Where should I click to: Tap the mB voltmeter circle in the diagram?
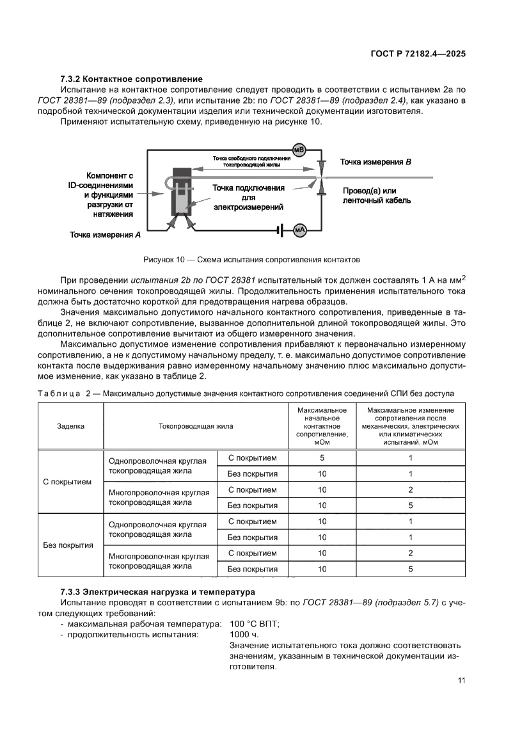coord(299,150)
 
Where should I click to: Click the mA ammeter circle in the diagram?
coord(299,230)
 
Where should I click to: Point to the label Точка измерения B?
coord(375,163)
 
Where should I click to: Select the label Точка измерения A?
coord(106,235)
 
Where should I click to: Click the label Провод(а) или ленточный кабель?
coord(376,196)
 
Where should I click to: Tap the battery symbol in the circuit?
coord(280,230)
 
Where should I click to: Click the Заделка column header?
coord(70,425)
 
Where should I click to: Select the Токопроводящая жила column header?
coord(196,425)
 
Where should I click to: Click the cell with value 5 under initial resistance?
coord(322,458)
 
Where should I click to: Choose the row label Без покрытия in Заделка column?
coord(68,545)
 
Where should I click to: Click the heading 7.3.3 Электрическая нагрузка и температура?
coord(157,593)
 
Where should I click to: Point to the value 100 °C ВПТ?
coord(254,624)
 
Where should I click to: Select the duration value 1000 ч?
coord(243,635)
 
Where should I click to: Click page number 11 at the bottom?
coord(461,680)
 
